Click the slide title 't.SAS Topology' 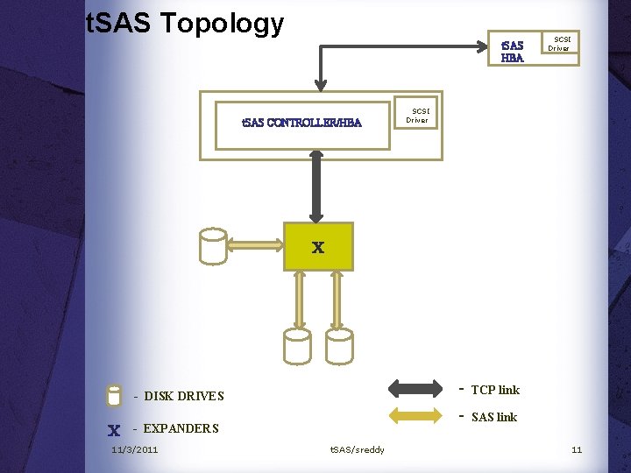pos(185,24)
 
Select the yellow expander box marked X pos(318,246)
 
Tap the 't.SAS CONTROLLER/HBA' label pos(301,123)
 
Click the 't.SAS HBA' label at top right pos(512,52)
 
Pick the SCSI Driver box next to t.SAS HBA pos(559,44)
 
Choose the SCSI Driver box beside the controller pos(417,116)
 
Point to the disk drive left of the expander pos(212,246)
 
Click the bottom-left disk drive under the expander pos(296,346)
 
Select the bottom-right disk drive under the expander pos(339,346)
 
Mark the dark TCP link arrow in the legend pos(415,388)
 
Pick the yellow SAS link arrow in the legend pos(415,416)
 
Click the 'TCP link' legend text pos(495,390)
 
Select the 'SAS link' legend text pos(494,417)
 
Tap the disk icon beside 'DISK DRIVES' pos(113,396)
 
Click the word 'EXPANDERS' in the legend pos(181,428)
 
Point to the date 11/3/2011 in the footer pos(135,450)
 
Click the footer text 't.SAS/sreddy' pos(357,450)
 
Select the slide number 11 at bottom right pos(577,450)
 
